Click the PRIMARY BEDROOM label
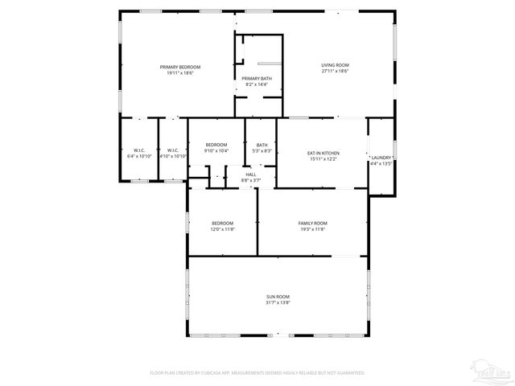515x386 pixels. tap(180, 67)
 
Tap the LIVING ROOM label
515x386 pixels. tap(335, 65)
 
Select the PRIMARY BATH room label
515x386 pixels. tap(257, 78)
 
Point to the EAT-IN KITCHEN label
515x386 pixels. tap(323, 153)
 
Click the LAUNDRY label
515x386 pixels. tap(381, 158)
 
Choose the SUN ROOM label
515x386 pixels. tap(278, 297)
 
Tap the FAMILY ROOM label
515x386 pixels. tap(312, 223)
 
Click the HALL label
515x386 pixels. tap(251, 175)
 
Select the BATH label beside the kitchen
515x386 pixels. tap(262, 145)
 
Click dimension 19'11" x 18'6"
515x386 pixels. tap(180, 73)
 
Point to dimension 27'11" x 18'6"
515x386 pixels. tap(335, 72)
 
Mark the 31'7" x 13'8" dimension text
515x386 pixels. tap(278, 303)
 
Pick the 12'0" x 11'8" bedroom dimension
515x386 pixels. tap(223, 229)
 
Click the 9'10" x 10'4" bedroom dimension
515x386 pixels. tap(216, 151)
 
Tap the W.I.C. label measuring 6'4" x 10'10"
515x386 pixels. tap(139, 156)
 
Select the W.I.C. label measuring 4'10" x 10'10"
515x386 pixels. tap(172, 156)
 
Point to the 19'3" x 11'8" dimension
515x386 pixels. tap(312, 229)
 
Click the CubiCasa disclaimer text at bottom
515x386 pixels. tap(257, 373)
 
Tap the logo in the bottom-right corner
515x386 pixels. tap(492, 372)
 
